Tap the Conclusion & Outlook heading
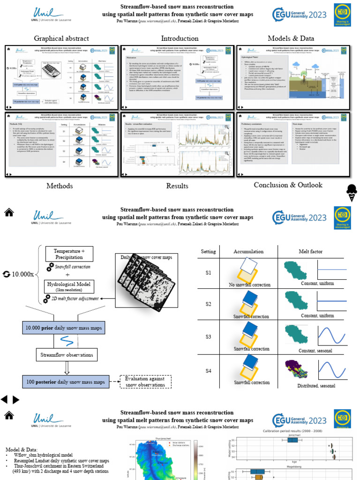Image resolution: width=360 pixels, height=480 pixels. click(288, 185)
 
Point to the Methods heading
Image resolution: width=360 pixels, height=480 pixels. click(60, 186)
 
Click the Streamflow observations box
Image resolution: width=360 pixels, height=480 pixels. click(66, 355)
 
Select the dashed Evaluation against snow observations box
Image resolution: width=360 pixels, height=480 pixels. click(146, 382)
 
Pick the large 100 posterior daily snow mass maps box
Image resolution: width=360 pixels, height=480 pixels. click(66, 381)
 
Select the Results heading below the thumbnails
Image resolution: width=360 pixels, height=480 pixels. click(177, 186)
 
